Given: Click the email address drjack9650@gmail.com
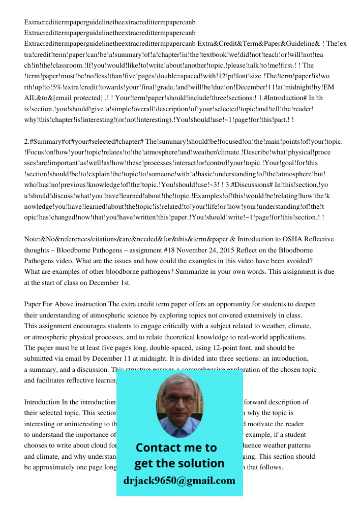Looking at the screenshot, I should pos(179,481).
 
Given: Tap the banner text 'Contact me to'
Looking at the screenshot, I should pos(176,448).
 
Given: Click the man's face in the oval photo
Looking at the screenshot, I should pos(179,401).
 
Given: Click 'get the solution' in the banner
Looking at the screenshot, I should pos(179,463).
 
